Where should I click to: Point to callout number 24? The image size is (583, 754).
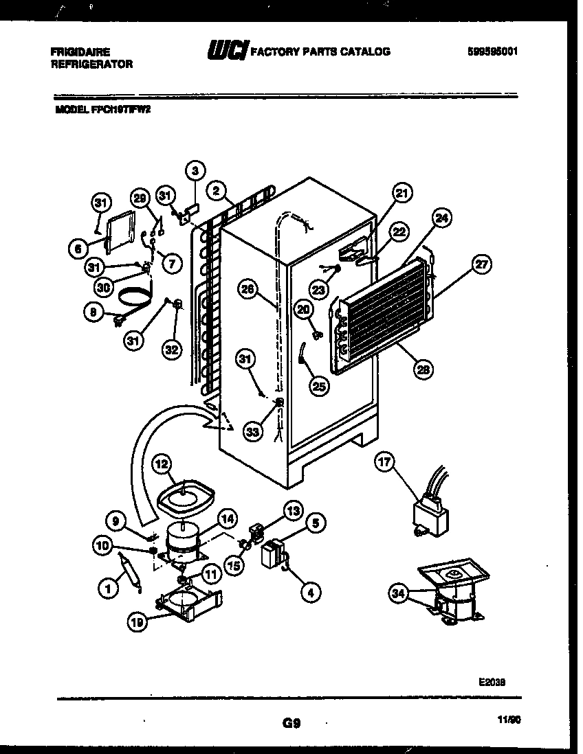pyautogui.click(x=443, y=220)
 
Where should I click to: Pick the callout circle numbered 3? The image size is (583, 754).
pyautogui.click(x=195, y=170)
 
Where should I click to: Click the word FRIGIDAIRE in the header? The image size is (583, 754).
pyautogui.click(x=80, y=52)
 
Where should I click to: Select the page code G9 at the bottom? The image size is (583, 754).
pyautogui.click(x=291, y=722)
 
